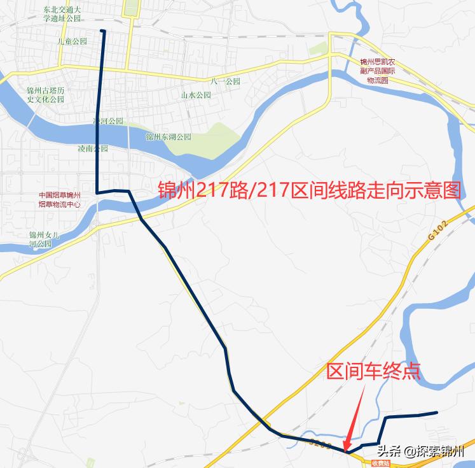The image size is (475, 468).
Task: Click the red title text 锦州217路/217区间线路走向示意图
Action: click(x=308, y=189)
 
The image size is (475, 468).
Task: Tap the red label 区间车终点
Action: click(x=373, y=371)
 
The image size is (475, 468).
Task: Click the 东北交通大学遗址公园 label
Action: click(x=62, y=15)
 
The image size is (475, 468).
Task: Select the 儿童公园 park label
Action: click(x=71, y=41)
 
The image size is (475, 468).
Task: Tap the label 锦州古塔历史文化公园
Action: click(x=46, y=95)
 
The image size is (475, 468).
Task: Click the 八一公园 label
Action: click(x=227, y=82)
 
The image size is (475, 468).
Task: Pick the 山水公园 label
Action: click(x=195, y=95)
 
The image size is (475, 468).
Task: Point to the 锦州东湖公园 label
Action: click(x=168, y=137)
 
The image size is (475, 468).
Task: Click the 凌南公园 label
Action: click(x=93, y=148)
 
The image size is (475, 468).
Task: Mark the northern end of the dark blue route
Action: click(x=102, y=31)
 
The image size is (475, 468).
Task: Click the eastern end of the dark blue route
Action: click(x=437, y=413)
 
